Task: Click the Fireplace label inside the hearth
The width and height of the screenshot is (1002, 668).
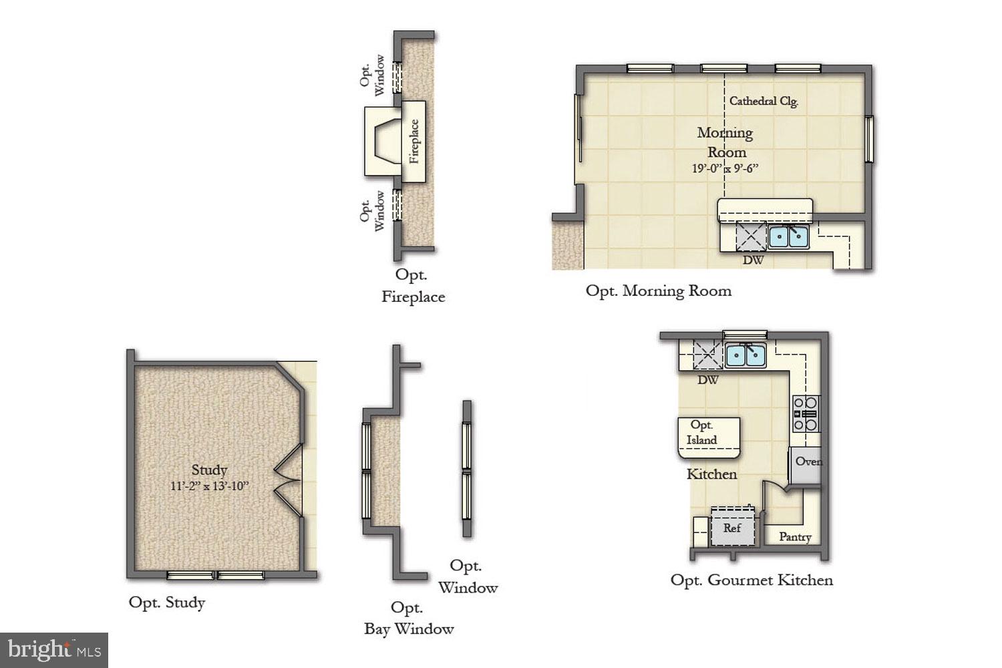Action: click(414, 141)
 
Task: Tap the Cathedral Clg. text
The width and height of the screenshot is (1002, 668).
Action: click(764, 102)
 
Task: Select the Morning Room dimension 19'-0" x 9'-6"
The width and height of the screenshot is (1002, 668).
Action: click(725, 169)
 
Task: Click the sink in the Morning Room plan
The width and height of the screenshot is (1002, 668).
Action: click(788, 236)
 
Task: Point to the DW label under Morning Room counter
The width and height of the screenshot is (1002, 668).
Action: click(753, 260)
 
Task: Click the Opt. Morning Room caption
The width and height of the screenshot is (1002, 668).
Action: click(659, 291)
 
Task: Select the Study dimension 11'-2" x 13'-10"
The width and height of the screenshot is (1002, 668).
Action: click(209, 486)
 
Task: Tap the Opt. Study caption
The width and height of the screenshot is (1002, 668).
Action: click(167, 603)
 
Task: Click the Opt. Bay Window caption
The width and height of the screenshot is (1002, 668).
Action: click(409, 618)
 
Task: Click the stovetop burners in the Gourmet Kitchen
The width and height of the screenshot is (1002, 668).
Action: click(806, 413)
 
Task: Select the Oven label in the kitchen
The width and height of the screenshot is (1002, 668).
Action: click(808, 462)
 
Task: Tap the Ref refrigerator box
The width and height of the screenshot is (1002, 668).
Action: click(733, 528)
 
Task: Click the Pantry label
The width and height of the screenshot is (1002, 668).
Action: click(795, 537)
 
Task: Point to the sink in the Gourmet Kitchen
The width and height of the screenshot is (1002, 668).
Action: click(745, 355)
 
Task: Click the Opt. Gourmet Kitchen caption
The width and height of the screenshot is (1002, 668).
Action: click(751, 580)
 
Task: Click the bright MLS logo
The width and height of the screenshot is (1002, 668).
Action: click(54, 650)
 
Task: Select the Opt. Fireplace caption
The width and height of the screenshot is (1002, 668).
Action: click(413, 286)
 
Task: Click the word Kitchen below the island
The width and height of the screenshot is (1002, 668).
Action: click(711, 474)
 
